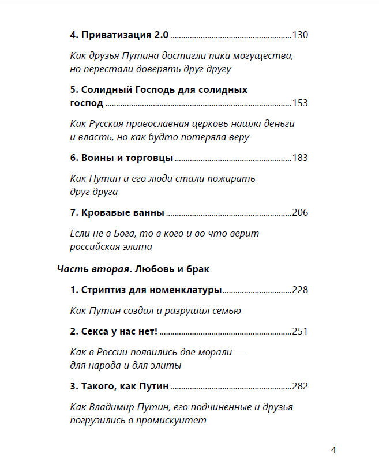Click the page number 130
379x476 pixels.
click(301, 35)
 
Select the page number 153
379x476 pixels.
click(301, 103)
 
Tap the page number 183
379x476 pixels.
click(301, 158)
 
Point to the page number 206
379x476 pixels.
click(301, 213)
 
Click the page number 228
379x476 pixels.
click(301, 290)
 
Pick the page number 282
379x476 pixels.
click(301, 387)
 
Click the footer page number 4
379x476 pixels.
click(333, 450)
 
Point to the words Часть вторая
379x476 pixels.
click(85, 269)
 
